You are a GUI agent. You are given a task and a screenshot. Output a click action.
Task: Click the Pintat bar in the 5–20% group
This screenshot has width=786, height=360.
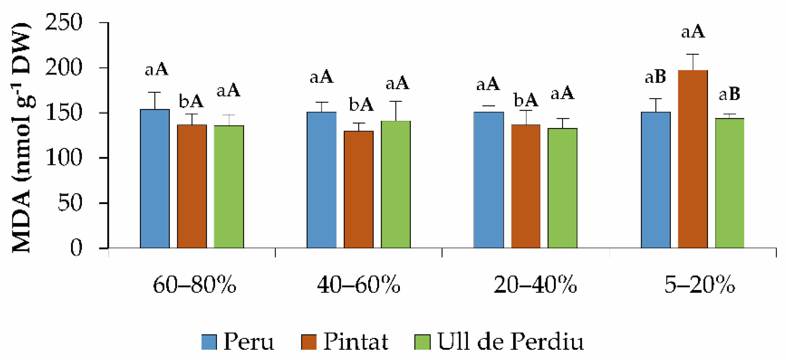click(692, 159)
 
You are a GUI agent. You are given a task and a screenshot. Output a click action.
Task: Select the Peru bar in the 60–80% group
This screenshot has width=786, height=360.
click(155, 178)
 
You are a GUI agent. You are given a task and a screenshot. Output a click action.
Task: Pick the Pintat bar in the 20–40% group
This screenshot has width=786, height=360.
click(526, 186)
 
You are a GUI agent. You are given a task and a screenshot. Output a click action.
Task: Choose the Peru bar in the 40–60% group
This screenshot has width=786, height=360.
click(321, 180)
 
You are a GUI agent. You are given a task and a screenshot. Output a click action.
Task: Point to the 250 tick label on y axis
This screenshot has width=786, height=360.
click(64, 23)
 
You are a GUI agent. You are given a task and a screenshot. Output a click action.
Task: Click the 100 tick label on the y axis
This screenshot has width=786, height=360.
click(64, 158)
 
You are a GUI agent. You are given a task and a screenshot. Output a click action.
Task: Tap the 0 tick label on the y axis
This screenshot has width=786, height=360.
click(76, 248)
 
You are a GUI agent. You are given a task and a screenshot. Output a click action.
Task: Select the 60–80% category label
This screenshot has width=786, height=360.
click(194, 285)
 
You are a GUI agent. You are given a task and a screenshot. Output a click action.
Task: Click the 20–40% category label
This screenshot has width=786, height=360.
click(535, 285)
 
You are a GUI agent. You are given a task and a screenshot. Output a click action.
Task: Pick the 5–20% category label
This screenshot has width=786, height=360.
click(699, 285)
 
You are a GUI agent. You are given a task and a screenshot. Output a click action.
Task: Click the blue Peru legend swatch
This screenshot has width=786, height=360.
click(209, 342)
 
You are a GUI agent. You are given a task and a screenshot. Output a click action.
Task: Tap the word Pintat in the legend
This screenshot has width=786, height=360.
click(355, 341)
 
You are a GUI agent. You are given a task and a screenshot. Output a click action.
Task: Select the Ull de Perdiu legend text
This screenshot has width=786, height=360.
click(510, 341)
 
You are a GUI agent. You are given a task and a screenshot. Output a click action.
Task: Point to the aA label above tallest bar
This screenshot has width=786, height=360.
click(693, 32)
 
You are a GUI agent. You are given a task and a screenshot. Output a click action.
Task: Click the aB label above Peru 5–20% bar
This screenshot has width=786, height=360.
click(655, 77)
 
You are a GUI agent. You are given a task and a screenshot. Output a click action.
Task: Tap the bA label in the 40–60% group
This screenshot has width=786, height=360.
click(361, 105)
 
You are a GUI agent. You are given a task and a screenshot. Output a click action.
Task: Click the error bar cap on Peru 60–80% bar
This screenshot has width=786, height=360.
click(155, 93)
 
